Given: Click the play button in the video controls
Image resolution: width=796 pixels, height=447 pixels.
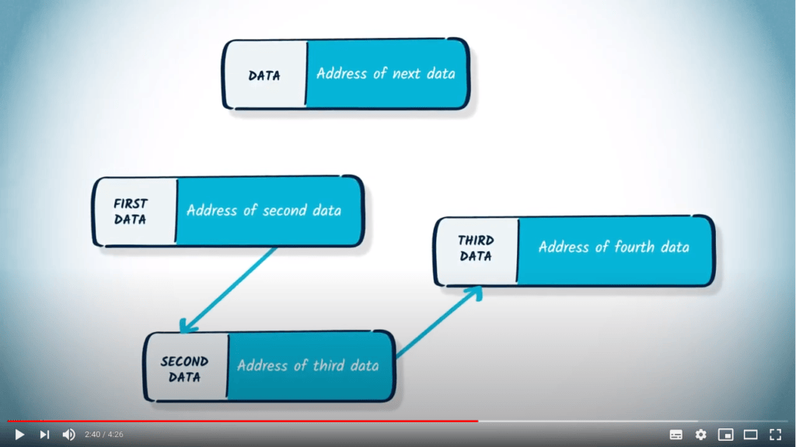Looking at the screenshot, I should pos(19,434).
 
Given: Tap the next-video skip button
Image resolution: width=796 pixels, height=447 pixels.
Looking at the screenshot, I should pos(44,434).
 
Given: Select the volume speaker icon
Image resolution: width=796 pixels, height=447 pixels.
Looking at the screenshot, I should pos(69,434).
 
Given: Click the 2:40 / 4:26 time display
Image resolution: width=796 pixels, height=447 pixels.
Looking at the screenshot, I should pos(104,435).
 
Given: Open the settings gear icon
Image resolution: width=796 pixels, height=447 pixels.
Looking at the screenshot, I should pos(700,434).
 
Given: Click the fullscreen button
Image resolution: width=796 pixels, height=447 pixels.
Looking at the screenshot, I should pos(775,434).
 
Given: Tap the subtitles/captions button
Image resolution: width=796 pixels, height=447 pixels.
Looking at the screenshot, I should pos(676,434).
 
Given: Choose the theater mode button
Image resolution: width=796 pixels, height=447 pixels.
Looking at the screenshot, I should pos(750,434).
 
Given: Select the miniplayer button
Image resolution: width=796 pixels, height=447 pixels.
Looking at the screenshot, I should pos(725,434).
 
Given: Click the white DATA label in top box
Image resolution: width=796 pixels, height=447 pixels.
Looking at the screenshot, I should pos(264,75).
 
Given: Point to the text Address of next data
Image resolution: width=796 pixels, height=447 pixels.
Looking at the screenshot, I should pos(386,74).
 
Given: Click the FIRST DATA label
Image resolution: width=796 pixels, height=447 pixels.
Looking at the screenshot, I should pos(131,211).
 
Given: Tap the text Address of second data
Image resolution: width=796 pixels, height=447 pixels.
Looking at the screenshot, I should pos(264,211).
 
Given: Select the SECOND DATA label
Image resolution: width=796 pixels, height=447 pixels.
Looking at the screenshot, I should pos(184,369).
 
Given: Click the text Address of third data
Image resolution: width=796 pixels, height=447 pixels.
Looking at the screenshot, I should pos(308,366).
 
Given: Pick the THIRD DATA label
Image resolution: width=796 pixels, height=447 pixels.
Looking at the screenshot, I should pos(476,248).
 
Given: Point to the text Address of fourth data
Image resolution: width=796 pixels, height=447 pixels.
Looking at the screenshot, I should pos(613,247).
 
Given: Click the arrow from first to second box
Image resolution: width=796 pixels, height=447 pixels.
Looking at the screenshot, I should pos(229,288).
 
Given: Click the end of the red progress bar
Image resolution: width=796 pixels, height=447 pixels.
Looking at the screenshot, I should pos(477,421).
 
